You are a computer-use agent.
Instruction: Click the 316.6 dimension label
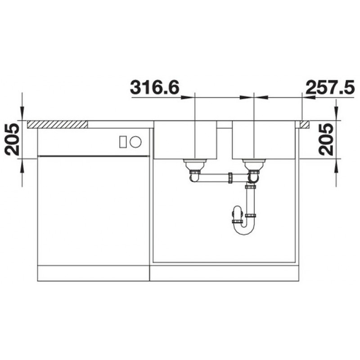point(154,87)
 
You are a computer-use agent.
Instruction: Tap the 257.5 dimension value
point(330,87)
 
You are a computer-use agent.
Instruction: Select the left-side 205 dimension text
point(12,139)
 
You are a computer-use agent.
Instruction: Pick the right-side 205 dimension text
point(326,139)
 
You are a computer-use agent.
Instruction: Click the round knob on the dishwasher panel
point(135,142)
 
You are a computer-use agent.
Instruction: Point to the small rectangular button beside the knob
point(123,142)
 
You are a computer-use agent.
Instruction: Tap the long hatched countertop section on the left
point(58,124)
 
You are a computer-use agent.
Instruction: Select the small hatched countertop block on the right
point(305,124)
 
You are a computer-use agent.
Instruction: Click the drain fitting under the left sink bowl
point(195,166)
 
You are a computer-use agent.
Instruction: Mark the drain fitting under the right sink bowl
point(254,166)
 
